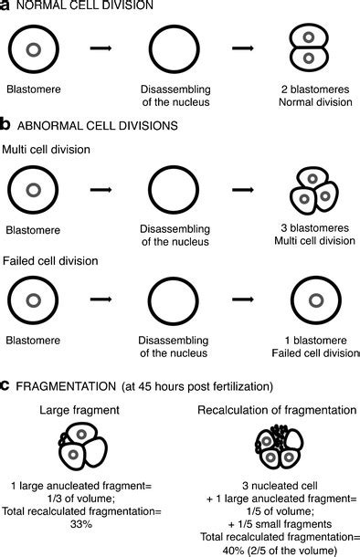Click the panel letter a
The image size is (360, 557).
[x=5, y=7]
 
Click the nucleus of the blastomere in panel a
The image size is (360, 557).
[x=34, y=49]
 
